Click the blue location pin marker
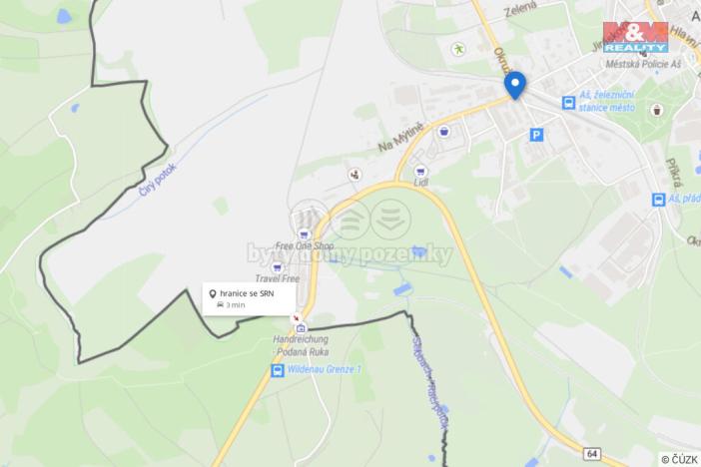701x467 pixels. tap(515, 84)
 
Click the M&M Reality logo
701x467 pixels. tap(635, 37)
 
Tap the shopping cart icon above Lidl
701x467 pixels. tap(419, 171)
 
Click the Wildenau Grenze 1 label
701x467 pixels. tap(324, 370)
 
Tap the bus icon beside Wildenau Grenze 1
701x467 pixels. tap(277, 371)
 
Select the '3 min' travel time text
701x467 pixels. tap(235, 305)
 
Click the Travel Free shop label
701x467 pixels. tap(277, 279)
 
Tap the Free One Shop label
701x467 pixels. tap(304, 245)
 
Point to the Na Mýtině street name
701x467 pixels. tap(400, 137)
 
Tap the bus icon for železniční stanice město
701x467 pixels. tap(568, 102)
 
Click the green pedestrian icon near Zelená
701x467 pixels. tap(458, 48)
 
